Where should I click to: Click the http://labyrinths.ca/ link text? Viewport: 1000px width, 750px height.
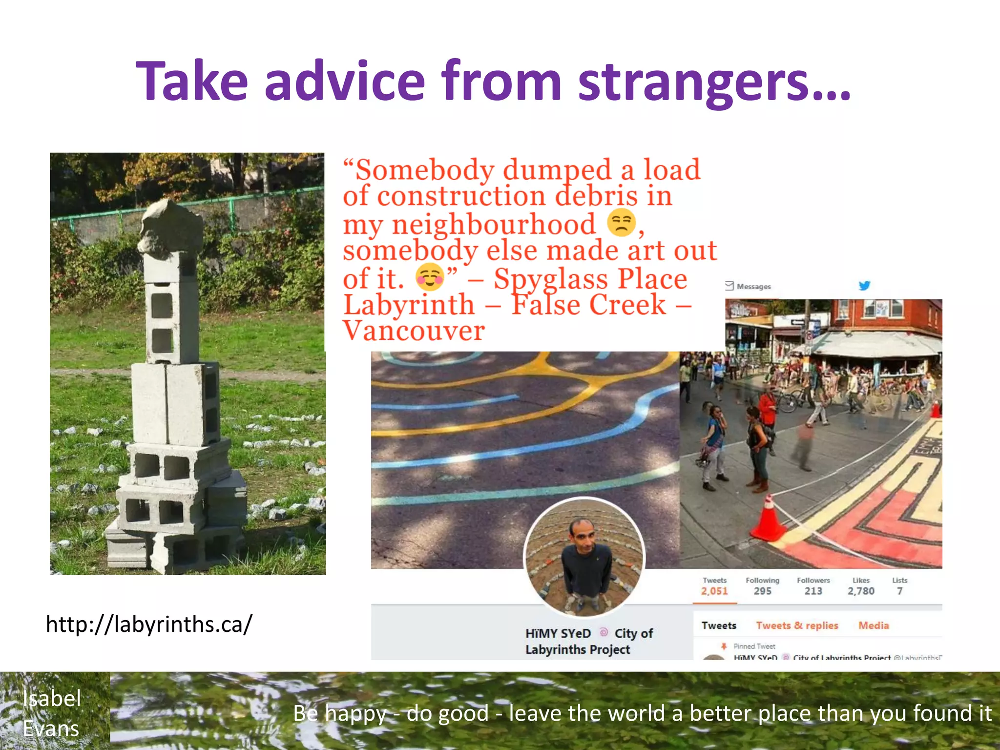[x=149, y=624]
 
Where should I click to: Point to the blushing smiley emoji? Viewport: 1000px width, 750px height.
[x=429, y=277]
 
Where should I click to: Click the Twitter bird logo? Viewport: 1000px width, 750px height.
[x=864, y=286]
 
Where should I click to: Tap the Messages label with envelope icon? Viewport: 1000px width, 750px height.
[x=749, y=286]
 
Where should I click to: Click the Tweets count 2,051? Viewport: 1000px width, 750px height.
[x=714, y=591]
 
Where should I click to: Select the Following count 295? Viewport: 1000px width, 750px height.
[x=762, y=591]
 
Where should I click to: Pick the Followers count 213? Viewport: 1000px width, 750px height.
[x=813, y=591]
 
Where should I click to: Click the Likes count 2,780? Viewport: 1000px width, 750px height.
[x=861, y=591]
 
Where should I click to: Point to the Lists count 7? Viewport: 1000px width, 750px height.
[x=899, y=591]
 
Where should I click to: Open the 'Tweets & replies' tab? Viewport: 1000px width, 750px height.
[x=797, y=625]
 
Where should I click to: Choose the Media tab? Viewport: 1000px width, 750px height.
[x=874, y=625]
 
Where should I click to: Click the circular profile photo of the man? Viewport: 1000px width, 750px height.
[x=584, y=557]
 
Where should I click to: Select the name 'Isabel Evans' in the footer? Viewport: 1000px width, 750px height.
[x=51, y=713]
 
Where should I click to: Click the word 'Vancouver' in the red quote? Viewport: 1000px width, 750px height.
[x=414, y=331]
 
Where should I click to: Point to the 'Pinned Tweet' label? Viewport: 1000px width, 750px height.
[x=754, y=646]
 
